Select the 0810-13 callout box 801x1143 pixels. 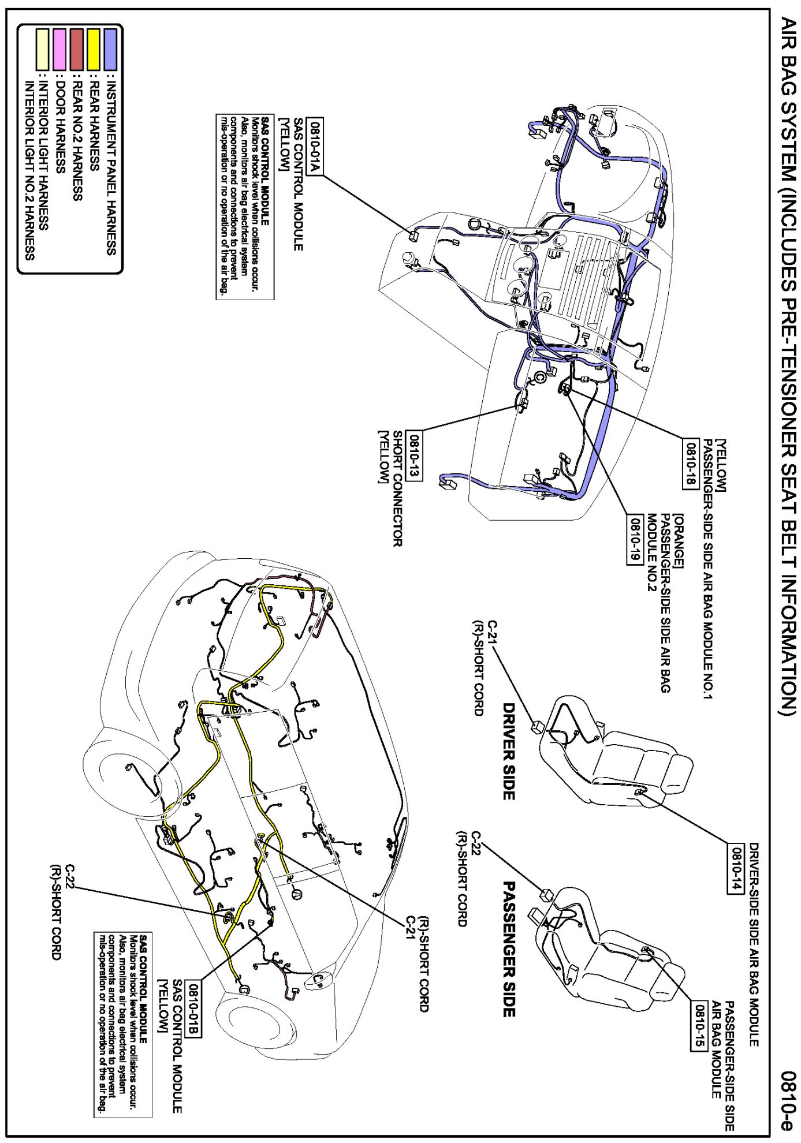[x=414, y=456]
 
